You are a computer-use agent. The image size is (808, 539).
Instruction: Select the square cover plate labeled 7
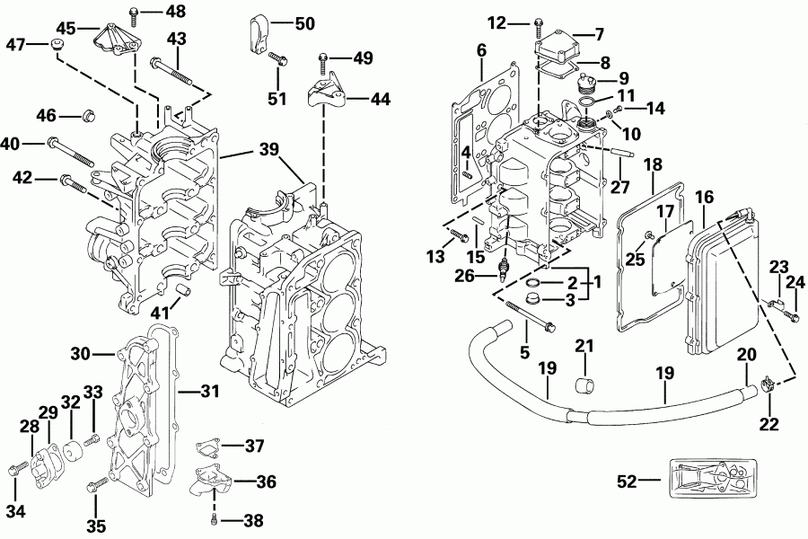[558, 42]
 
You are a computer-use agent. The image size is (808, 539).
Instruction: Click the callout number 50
[304, 23]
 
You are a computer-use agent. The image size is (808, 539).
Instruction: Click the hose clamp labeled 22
[766, 387]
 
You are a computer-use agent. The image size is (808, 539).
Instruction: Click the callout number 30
[83, 354]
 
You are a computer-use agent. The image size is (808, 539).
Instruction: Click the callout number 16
[704, 196]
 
